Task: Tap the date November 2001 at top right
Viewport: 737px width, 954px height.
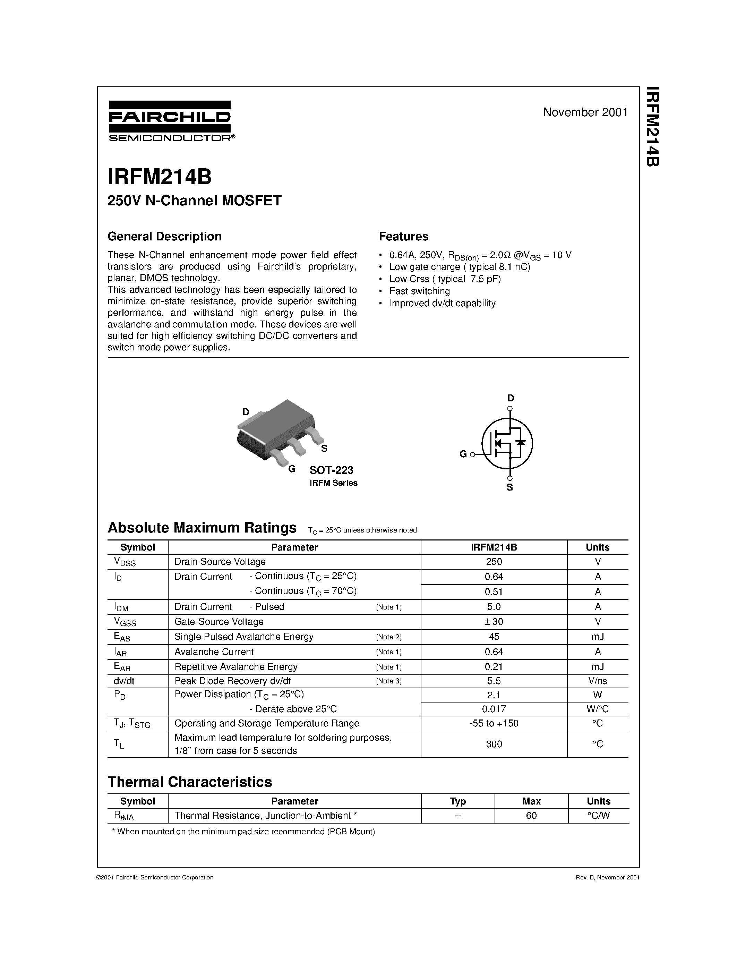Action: pos(585,112)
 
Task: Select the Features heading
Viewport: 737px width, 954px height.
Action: pos(403,236)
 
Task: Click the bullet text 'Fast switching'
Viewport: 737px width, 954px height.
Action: pos(419,291)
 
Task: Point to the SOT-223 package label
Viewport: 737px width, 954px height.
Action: pos(331,470)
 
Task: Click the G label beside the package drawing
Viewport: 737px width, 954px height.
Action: pos(292,469)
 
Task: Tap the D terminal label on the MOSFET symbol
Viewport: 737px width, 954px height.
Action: pos(511,398)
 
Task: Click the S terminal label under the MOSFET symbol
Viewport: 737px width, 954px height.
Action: pos(509,487)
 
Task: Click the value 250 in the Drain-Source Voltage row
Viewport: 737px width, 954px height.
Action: pos(494,562)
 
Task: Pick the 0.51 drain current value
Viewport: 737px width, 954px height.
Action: pos(494,591)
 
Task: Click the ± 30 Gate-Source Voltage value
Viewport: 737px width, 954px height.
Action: pos(494,622)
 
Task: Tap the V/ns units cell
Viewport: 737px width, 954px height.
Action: pos(597,681)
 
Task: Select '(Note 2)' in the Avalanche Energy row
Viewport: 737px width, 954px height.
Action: pos(388,637)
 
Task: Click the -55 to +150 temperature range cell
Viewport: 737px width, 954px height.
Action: pos(494,723)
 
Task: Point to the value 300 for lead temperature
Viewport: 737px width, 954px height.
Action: pos(494,744)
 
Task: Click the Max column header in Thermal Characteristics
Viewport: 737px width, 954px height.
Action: pos(531,801)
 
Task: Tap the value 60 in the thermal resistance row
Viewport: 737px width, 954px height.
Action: pos(531,816)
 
